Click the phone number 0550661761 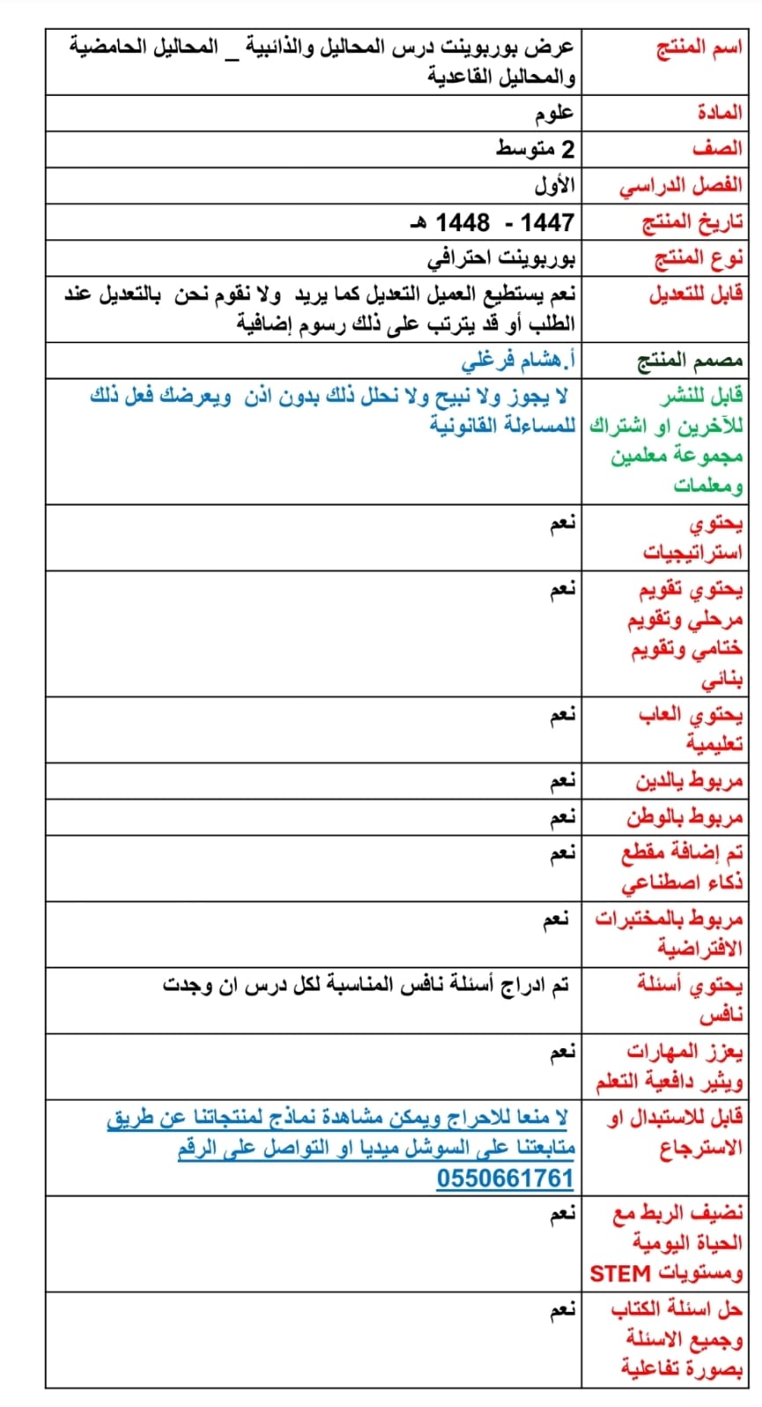[504, 1178]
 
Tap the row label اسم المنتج [700, 47]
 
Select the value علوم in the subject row [554, 113]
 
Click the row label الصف [716, 149]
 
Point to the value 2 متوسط [535, 149]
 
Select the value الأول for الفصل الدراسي [554, 186]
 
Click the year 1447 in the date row [546, 222]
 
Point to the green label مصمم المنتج [690, 361]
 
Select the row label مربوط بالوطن [685, 818]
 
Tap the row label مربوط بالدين [689, 781]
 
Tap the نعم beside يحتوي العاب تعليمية [562, 715]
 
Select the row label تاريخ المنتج [693, 222]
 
